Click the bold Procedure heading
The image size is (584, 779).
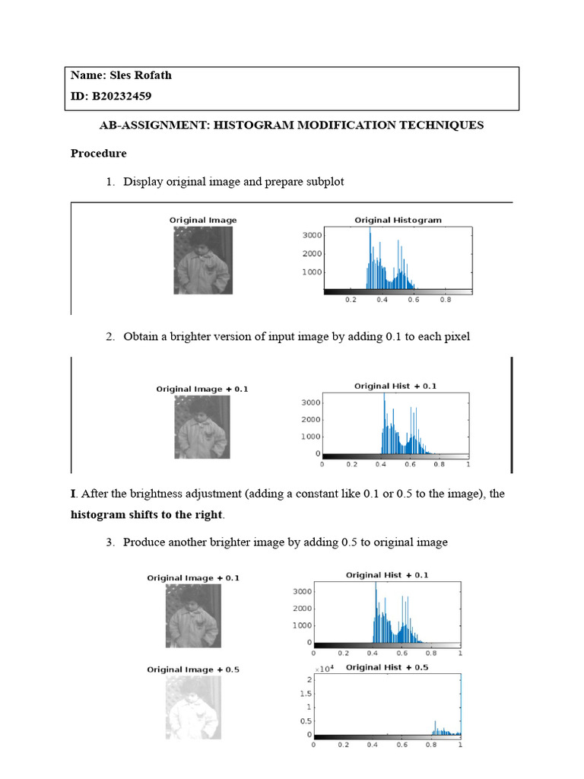pos(99,153)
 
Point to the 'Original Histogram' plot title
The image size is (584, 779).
pos(398,220)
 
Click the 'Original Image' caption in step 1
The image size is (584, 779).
pos(203,220)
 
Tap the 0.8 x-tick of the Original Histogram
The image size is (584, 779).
pos(446,300)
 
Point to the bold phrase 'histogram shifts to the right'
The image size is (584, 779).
pos(148,515)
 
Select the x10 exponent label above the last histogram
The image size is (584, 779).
pos(325,668)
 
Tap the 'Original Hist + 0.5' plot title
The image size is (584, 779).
pos(386,667)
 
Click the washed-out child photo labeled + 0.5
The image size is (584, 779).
pos(193,707)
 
